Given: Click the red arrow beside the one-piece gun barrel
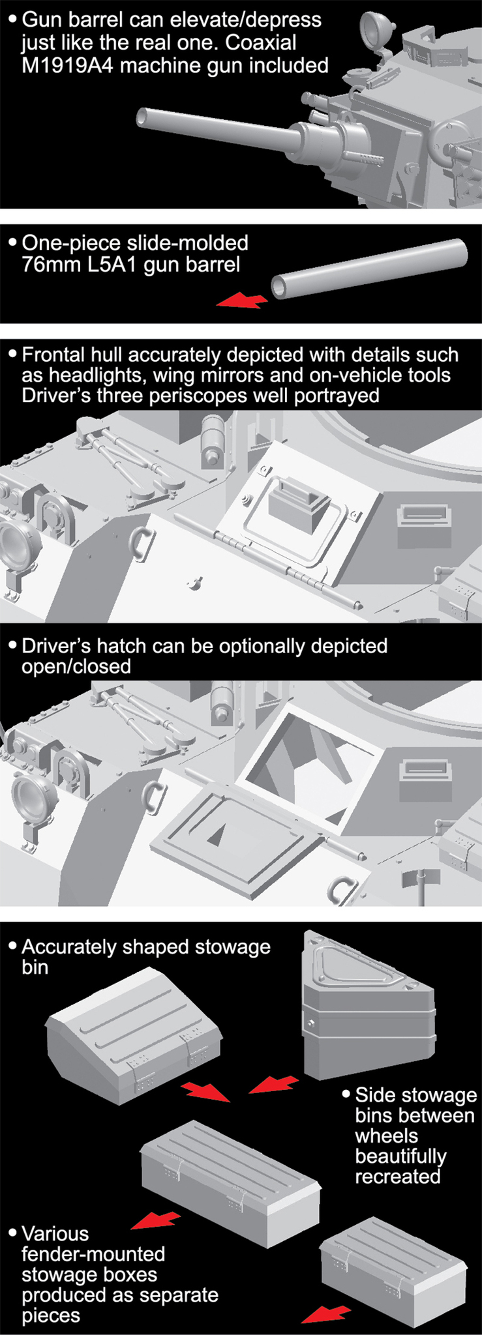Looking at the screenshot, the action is [x=242, y=301].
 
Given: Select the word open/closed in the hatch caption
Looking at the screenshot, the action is [x=76, y=666].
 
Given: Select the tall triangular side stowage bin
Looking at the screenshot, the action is [x=368, y=1004].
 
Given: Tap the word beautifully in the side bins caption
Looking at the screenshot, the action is [x=400, y=1156].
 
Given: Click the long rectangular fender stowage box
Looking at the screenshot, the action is [x=230, y=1182].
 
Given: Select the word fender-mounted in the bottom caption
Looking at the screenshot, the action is [x=93, y=1254].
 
